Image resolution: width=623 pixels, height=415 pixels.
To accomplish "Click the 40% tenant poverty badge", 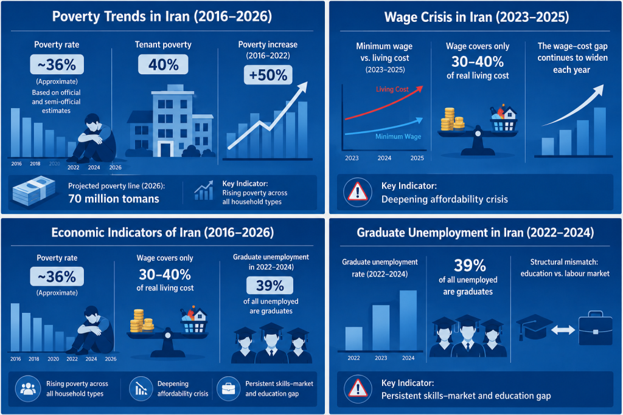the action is (163, 64).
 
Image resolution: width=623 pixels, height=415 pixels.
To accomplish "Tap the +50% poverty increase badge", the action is (268, 75).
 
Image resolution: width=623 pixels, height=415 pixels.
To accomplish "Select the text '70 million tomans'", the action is (114, 198).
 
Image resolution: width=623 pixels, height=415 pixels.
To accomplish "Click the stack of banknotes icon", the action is (34, 191).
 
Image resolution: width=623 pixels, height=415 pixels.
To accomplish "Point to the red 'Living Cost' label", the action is (392, 89).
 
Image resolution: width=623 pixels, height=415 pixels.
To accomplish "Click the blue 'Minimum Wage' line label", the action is (398, 137).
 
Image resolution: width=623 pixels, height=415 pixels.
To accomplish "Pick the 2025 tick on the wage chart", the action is (417, 158).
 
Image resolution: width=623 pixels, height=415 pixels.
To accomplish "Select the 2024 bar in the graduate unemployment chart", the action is (408, 320).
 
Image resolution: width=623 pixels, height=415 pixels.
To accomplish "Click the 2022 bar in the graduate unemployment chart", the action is (353, 338).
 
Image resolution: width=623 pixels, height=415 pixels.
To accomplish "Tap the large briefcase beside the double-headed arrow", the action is (595, 329).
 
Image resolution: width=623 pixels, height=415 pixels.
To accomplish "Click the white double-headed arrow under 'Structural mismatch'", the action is (563, 330).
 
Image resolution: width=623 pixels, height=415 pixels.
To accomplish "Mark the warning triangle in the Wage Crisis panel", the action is (358, 192).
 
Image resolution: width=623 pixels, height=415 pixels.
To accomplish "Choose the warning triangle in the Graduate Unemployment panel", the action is (358, 388).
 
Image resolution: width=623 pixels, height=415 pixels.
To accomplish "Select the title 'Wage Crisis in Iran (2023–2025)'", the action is (476, 17).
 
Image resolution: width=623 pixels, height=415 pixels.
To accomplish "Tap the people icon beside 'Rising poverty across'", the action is (28, 388).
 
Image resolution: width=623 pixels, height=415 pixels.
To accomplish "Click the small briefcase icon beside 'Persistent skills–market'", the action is (229, 388).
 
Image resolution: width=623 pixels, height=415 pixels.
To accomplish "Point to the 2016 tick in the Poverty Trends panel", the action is (16, 163).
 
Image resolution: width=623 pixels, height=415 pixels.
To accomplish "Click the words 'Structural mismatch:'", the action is (564, 262).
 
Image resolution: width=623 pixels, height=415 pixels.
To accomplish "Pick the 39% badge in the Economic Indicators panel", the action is (270, 285).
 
